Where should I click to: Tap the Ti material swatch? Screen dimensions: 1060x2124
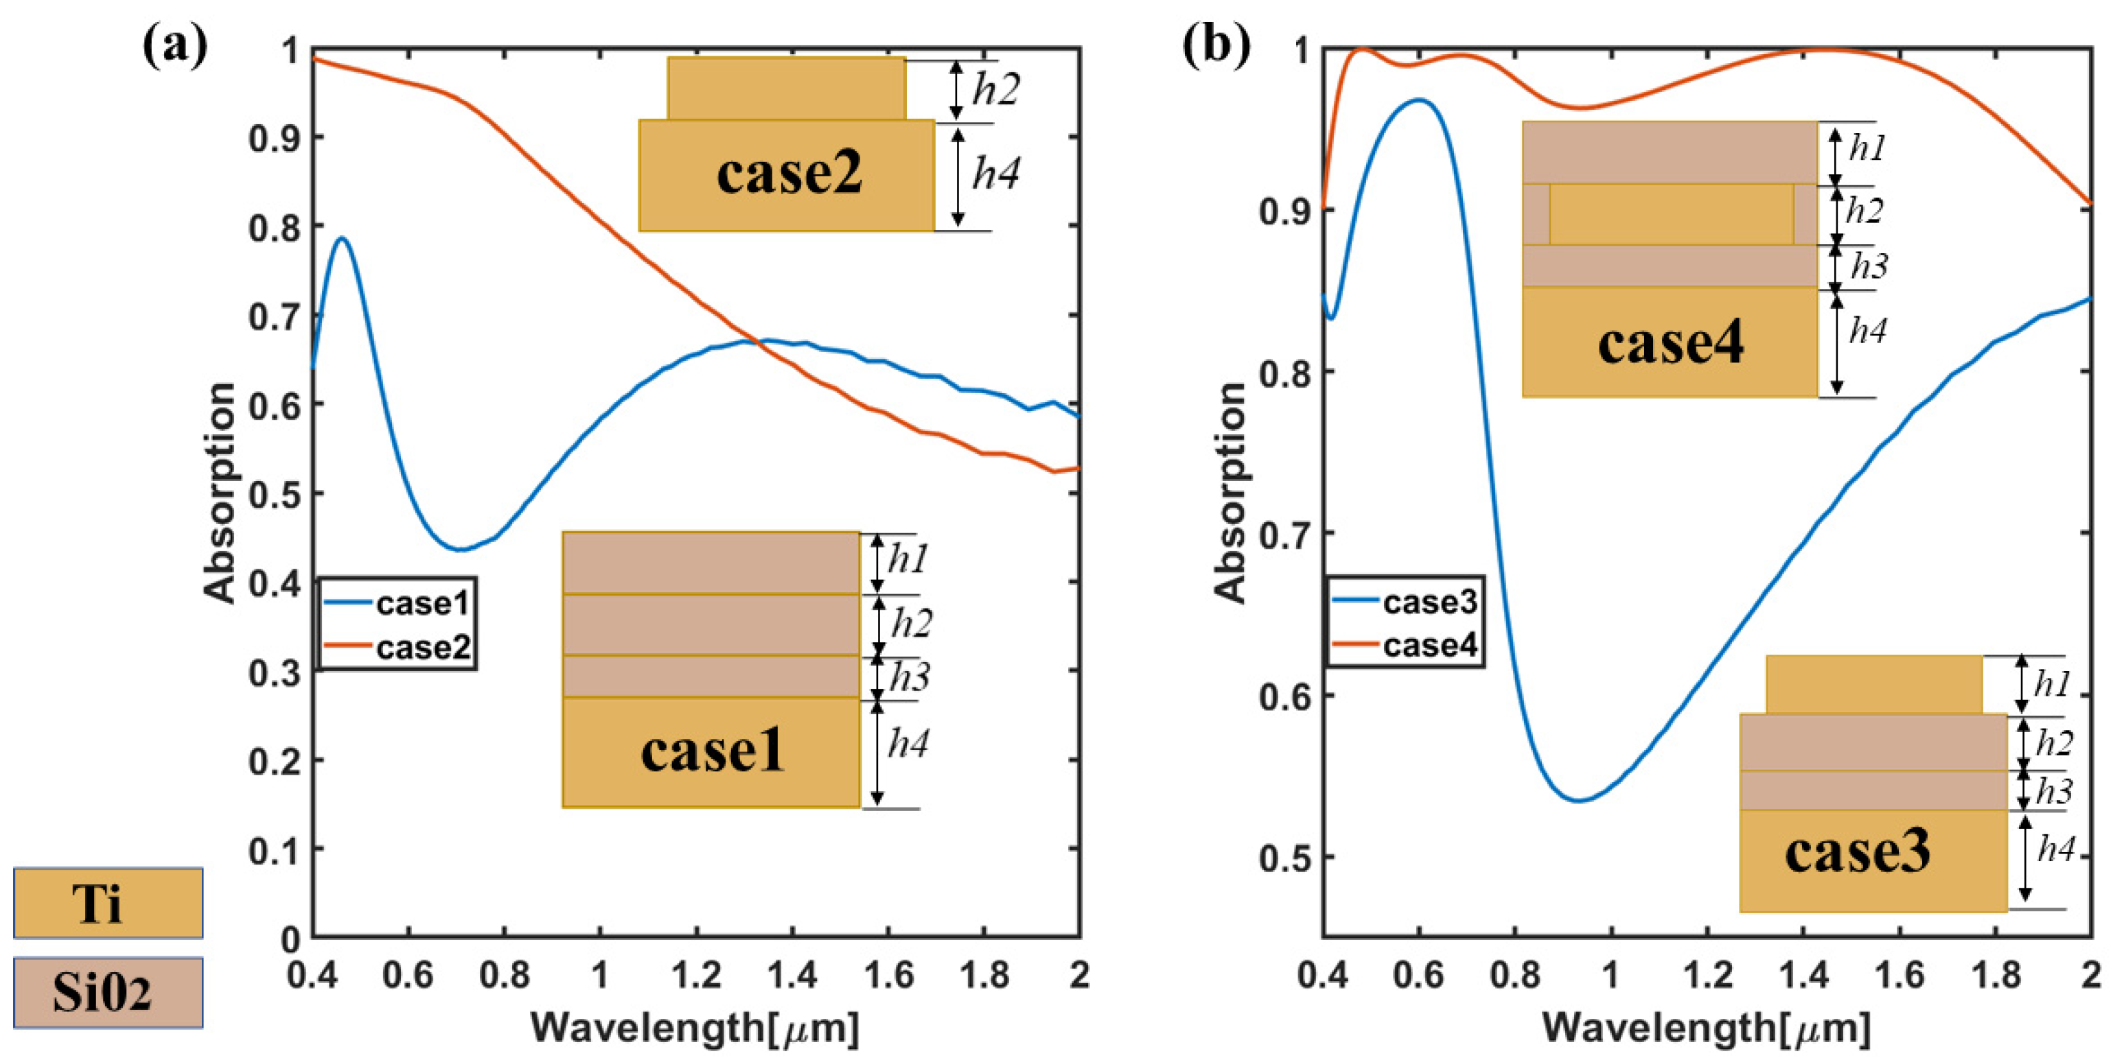click(x=108, y=903)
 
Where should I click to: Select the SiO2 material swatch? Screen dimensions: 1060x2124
click(x=108, y=991)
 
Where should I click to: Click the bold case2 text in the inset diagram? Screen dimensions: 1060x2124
click(x=789, y=173)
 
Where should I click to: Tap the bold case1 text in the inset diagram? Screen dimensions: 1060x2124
click(x=712, y=752)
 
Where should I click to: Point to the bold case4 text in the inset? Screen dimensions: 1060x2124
click(x=1670, y=343)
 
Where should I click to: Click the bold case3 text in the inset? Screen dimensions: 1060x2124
click(x=1857, y=851)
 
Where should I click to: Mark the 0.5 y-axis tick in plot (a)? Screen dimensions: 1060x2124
click(x=275, y=494)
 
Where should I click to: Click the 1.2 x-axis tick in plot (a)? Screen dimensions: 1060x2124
click(x=696, y=975)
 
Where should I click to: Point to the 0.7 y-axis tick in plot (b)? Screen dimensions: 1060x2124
click(x=1284, y=533)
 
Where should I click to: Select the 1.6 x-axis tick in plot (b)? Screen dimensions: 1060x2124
click(x=1899, y=975)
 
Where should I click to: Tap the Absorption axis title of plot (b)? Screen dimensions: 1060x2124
click(x=1230, y=493)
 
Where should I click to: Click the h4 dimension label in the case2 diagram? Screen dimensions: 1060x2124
click(x=995, y=173)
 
